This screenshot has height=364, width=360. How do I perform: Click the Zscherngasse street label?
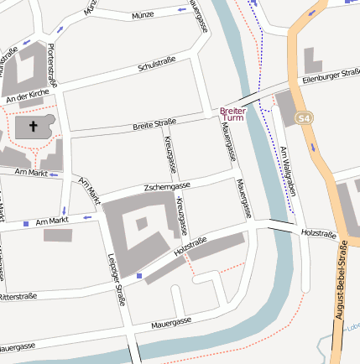pyautogui.click(x=167, y=185)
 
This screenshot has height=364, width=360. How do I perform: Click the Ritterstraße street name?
pyautogui.click(x=17, y=297)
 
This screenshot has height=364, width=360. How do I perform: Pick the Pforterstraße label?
pyautogui.click(x=53, y=65)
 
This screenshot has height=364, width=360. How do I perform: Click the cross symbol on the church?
pyautogui.click(x=34, y=127)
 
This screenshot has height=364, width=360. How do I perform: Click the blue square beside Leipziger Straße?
pyautogui.click(x=138, y=275)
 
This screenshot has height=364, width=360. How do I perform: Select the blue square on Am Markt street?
pyautogui.click(x=26, y=223)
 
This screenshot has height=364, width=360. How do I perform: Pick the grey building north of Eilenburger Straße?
pyautogui.click(x=312, y=60)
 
